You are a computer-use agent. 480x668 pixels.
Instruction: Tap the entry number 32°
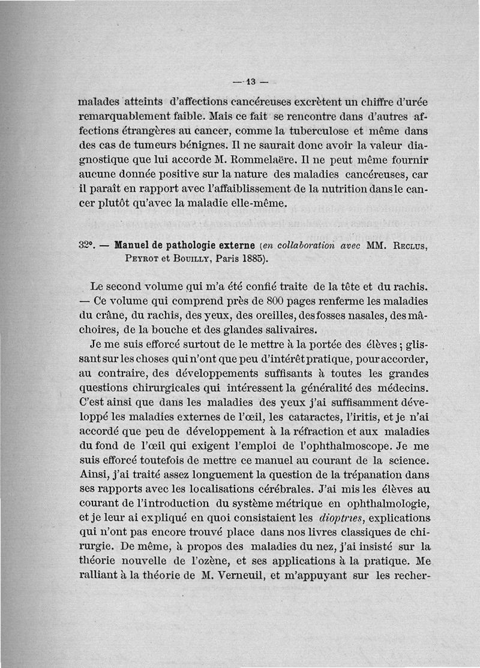click(x=87, y=246)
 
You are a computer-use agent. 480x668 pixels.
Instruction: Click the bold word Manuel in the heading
click(x=131, y=246)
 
